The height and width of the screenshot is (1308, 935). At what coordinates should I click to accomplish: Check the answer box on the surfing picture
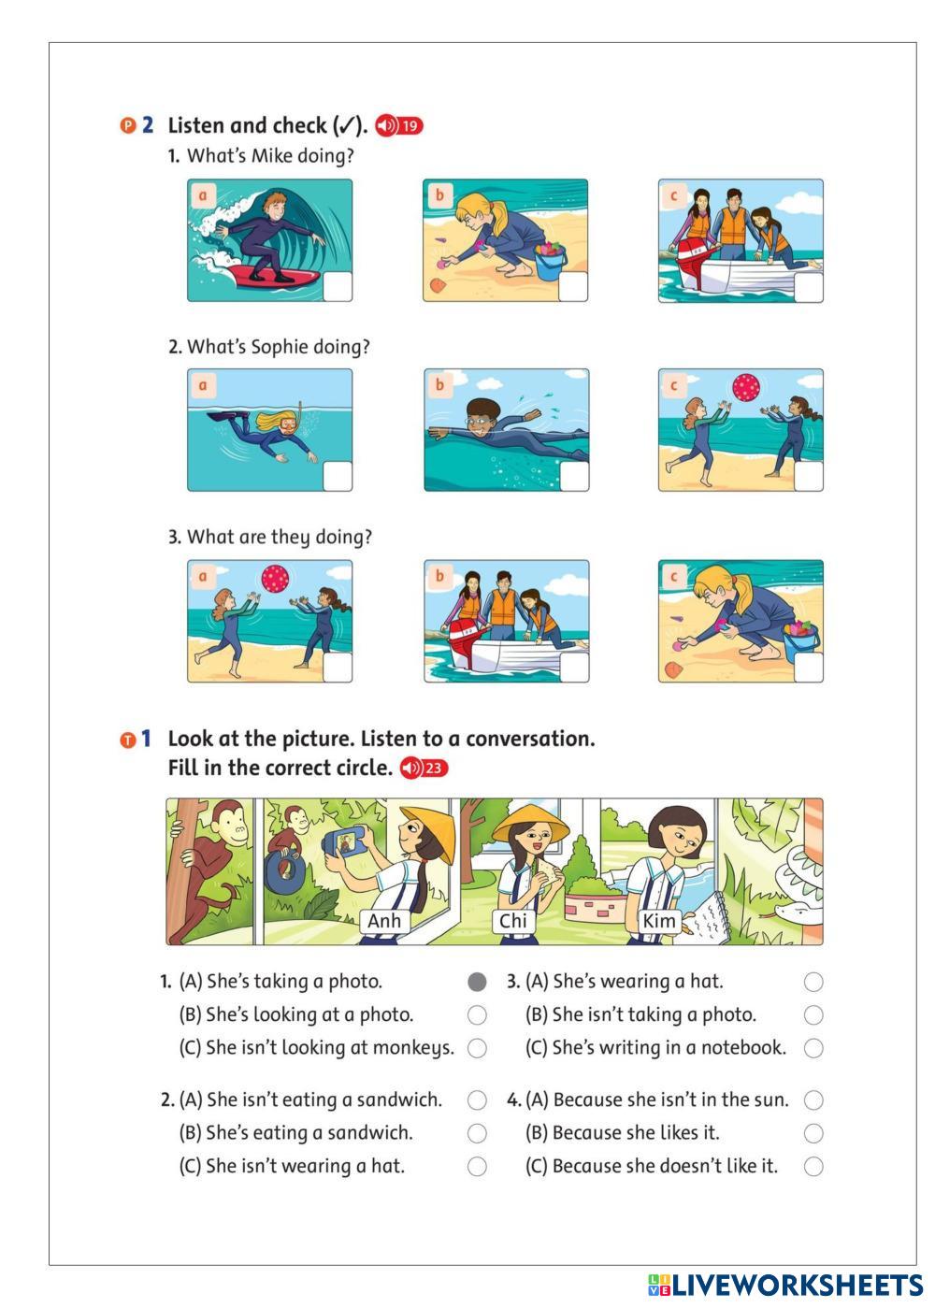337,287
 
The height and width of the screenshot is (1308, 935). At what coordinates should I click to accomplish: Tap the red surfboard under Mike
274,276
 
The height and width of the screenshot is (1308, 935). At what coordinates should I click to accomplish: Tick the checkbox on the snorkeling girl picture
337,476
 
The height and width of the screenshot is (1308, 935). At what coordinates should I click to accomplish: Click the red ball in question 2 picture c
746,388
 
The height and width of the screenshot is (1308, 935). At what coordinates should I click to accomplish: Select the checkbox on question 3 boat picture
573,667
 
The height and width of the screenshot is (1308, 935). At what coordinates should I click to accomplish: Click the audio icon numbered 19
399,125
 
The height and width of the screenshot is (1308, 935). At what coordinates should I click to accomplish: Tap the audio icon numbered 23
424,768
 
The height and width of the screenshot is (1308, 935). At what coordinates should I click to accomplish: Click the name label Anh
383,921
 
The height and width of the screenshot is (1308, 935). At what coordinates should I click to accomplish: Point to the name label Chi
512,921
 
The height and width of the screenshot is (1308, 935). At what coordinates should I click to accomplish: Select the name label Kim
659,921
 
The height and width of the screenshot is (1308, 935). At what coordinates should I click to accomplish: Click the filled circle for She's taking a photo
477,982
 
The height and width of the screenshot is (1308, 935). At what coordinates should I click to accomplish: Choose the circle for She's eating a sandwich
477,1133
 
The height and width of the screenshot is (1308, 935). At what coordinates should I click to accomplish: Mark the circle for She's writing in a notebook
813,1048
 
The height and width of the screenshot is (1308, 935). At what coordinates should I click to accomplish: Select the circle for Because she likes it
813,1133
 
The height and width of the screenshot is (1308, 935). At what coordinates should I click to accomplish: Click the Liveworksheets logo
785,1286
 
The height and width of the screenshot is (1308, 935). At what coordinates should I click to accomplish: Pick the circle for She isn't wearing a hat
477,1166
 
